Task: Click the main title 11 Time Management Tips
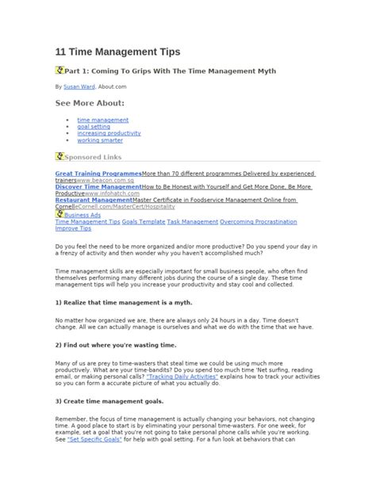[117, 52]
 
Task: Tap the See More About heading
[90, 103]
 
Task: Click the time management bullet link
[102, 119]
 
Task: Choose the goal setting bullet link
[94, 126]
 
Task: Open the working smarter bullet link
[100, 140]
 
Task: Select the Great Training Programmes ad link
[98, 173]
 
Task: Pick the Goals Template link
[143, 222]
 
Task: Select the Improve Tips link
[73, 229]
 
